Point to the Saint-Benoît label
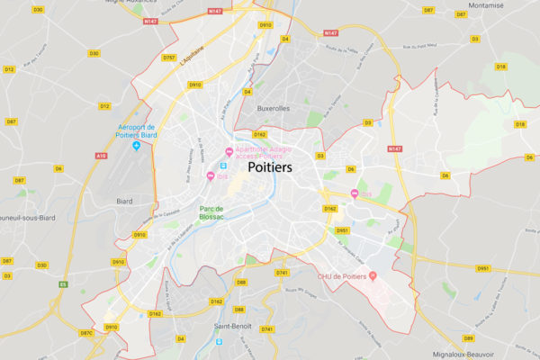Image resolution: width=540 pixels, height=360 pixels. point(233,326)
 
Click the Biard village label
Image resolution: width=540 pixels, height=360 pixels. point(125,203)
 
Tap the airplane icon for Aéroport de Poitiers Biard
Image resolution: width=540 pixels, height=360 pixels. point(136,145)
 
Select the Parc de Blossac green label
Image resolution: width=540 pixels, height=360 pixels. point(218,212)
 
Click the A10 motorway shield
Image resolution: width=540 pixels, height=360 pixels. point(101,156)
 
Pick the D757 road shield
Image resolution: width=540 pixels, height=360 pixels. point(168,58)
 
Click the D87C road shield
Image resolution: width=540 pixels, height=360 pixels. point(86,333)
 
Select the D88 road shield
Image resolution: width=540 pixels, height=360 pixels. point(240,283)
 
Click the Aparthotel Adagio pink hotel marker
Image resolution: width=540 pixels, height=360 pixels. point(229,150)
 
